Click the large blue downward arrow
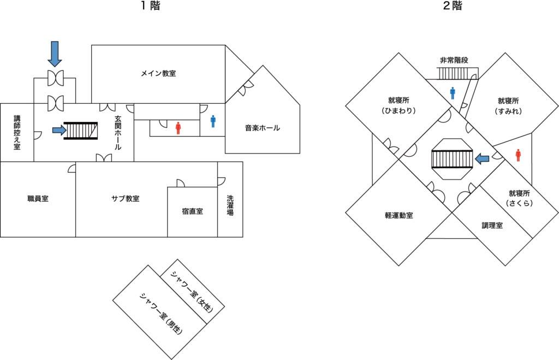click(x=55, y=53)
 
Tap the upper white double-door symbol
click(x=55, y=78)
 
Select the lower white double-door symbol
click(x=55, y=103)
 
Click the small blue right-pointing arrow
click(x=59, y=130)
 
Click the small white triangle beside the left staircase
click(x=94, y=132)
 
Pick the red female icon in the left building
click(x=178, y=128)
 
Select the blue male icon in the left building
click(x=213, y=121)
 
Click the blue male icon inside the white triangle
click(x=453, y=93)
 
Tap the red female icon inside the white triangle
click(x=518, y=155)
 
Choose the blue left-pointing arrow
click(x=482, y=158)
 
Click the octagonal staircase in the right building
click(x=450, y=158)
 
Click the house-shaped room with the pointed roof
click(x=263, y=117)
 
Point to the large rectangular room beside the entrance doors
click(x=158, y=74)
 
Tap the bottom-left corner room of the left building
click(x=37, y=199)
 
